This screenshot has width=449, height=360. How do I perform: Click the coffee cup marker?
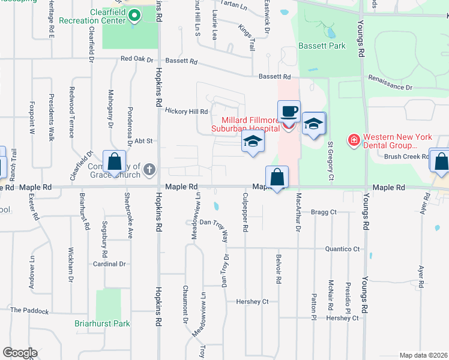[289, 112]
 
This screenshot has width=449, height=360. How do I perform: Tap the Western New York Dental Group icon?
[354, 140]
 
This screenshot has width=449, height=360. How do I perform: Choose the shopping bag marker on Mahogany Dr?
[114, 163]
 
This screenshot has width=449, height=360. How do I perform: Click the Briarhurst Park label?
[103, 324]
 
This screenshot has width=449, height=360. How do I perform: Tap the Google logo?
[20, 353]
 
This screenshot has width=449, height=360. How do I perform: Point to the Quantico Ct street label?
[342, 249]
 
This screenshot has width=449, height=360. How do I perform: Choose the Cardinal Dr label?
[109, 264]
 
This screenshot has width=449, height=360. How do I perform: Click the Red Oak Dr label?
[137, 59]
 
